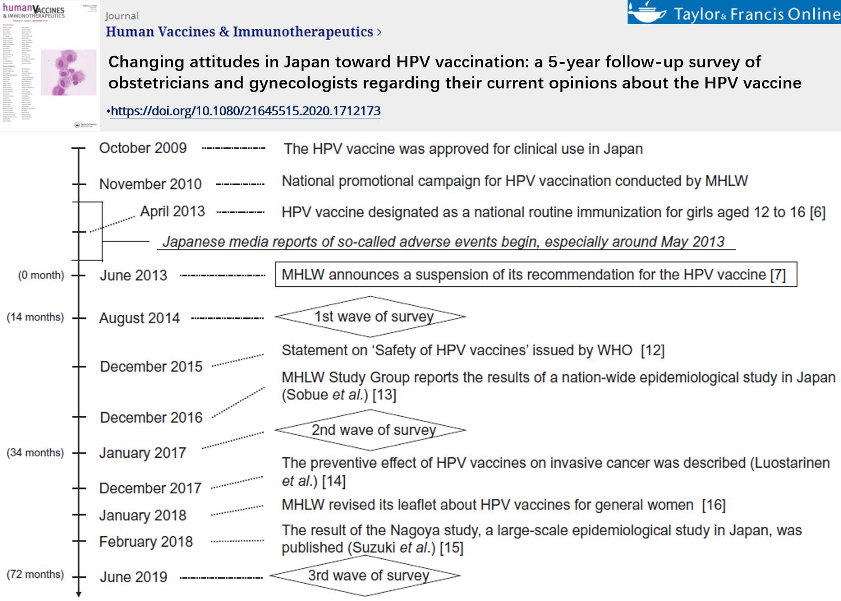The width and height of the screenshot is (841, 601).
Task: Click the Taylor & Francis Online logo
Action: coord(734,13)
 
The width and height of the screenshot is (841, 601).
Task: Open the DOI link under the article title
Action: coord(245,111)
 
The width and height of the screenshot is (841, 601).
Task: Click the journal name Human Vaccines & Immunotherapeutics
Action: coord(240,32)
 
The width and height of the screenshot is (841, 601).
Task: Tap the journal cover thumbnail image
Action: coord(50,65)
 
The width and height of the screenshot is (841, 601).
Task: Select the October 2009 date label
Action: coord(143,148)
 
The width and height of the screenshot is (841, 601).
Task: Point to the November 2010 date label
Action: coord(150,184)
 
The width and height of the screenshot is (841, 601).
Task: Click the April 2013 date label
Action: coord(172,212)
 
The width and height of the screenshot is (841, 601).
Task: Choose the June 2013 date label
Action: coord(134,275)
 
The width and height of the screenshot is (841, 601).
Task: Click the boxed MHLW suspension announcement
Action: coord(536,274)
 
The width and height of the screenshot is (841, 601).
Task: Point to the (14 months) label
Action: coord(35,317)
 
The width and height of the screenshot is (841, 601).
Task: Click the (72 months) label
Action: coord(35,574)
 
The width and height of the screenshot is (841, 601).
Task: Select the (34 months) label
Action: coord(35,453)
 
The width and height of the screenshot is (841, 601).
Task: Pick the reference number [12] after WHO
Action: coord(653,350)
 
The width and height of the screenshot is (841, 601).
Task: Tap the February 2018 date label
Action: coord(146,542)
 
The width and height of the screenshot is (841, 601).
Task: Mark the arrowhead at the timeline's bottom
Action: coord(79,594)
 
